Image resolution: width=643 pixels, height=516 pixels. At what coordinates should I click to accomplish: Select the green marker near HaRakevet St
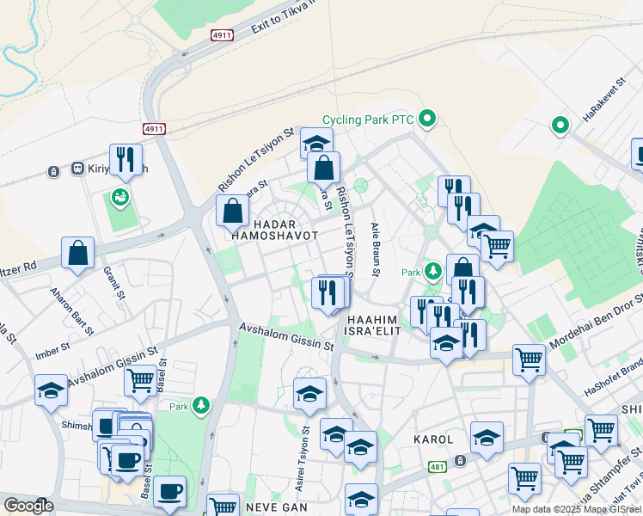[560, 126]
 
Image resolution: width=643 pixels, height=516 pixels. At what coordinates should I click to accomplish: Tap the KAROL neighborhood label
[434, 439]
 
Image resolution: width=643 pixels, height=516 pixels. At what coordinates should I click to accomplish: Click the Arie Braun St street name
[376, 249]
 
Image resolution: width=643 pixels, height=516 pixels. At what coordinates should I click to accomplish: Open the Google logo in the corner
[28, 506]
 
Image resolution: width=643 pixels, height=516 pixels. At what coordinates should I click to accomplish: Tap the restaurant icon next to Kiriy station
[127, 158]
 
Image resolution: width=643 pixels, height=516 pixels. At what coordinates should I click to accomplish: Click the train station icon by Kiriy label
[54, 170]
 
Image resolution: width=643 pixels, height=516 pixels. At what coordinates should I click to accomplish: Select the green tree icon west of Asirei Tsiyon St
[201, 404]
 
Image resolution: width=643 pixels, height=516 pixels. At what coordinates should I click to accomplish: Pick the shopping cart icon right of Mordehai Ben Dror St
[529, 359]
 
